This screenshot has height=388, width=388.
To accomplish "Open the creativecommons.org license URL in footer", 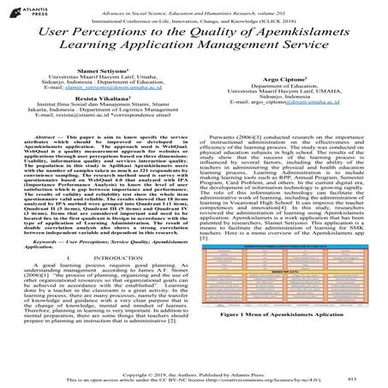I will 266,380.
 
